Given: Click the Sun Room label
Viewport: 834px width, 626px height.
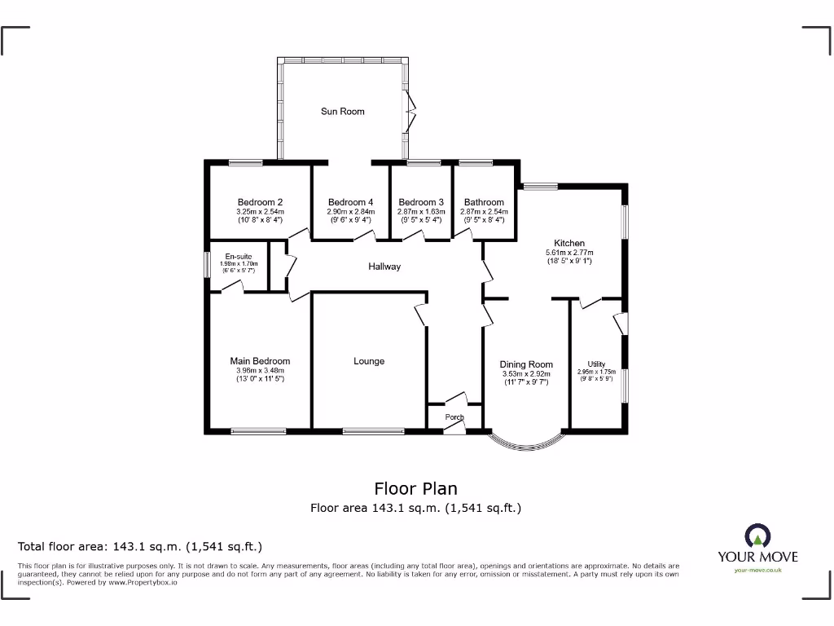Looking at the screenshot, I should [x=342, y=111].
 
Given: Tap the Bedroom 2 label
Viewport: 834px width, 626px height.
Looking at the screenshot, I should [x=260, y=202].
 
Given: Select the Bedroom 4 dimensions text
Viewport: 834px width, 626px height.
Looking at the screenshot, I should [x=350, y=215].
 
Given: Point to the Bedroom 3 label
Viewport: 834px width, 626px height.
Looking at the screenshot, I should [x=421, y=202].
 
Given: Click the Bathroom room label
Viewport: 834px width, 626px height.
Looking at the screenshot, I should [x=484, y=202].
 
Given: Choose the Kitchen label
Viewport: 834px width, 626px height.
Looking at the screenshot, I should [x=569, y=243].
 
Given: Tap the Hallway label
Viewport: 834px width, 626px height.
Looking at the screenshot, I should [x=384, y=267].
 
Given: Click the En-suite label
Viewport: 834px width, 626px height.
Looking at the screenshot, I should [x=239, y=257].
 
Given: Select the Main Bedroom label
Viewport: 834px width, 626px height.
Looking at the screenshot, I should [x=260, y=361].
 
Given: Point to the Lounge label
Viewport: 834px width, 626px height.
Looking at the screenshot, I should [x=369, y=361].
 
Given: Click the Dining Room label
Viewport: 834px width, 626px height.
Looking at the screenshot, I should [x=526, y=364].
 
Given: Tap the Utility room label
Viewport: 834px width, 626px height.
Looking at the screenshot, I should [x=597, y=364].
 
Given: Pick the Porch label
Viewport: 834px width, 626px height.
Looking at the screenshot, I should [x=454, y=417].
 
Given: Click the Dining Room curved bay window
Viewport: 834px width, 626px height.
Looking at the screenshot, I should [x=526, y=443].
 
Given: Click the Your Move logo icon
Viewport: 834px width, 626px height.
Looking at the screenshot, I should [x=757, y=536].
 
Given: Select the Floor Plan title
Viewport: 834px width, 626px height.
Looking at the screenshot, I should [x=415, y=488].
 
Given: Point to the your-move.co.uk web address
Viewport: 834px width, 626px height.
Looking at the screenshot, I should [x=757, y=571].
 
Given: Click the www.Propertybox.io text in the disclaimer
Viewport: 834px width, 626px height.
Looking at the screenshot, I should [x=138, y=582].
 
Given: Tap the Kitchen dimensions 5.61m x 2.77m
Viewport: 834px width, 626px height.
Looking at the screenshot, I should [x=569, y=253].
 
